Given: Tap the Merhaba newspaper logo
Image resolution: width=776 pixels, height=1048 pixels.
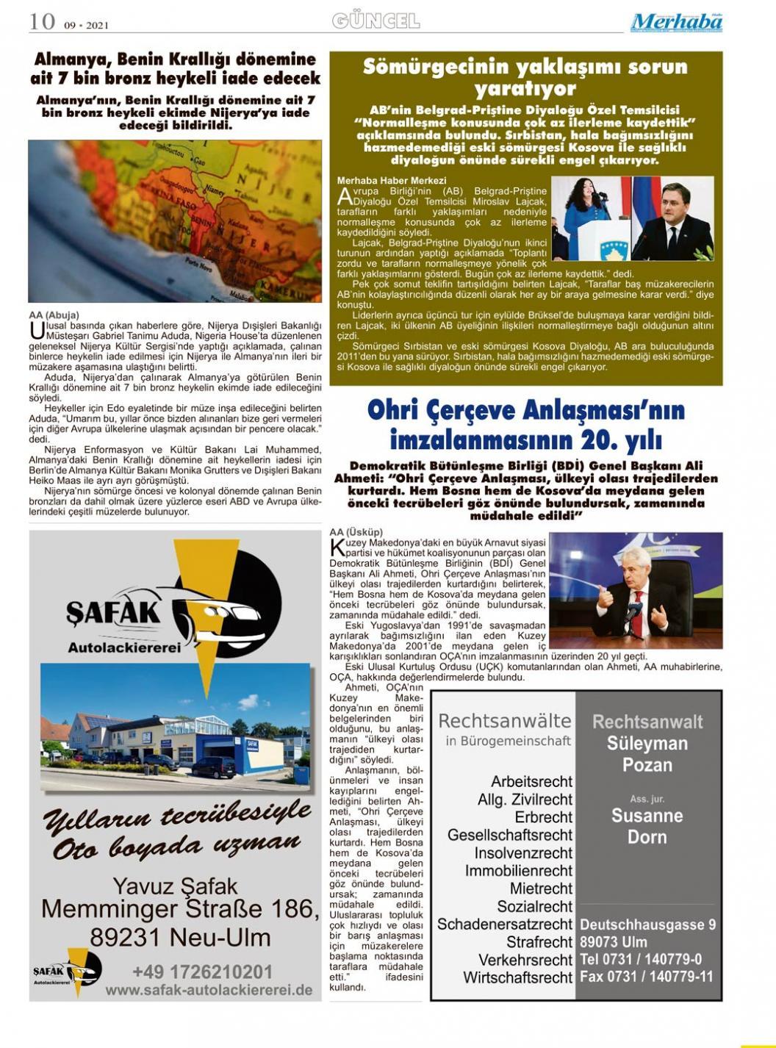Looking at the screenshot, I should [676, 23].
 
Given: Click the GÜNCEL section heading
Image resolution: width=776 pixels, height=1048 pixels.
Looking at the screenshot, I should [376, 21].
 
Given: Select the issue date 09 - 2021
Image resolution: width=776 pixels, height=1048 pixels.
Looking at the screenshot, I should [86, 25].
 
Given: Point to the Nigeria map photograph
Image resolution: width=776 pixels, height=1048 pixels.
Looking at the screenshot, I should [175, 221].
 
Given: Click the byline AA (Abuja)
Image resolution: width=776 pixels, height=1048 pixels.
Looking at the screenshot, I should [54, 315].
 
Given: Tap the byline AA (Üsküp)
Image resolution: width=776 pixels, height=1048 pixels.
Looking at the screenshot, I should [356, 532].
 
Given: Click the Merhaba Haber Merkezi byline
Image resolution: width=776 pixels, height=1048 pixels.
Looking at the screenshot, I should [391, 180].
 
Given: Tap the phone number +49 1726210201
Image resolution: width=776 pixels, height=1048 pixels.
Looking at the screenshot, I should [202, 972].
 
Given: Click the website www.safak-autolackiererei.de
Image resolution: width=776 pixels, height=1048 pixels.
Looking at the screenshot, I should [209, 990].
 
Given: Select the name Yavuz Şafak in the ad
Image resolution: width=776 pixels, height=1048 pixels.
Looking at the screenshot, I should [175, 886].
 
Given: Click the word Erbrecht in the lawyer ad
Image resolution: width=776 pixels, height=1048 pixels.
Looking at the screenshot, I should [543, 817].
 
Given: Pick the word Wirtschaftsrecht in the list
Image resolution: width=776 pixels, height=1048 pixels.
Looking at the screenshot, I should [517, 977].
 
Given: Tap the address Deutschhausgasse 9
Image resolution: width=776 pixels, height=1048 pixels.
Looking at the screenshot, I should [647, 925].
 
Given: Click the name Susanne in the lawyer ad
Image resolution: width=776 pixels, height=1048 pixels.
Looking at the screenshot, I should [647, 816].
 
